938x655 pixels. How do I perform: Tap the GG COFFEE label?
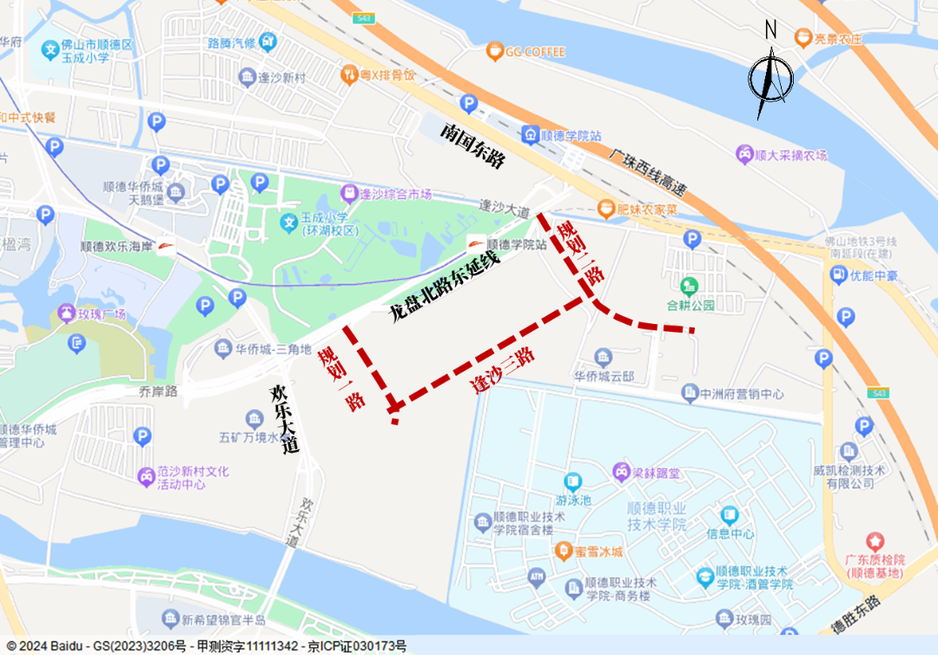tap(536, 51)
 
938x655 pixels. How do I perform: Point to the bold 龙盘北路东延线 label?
tap(444, 285)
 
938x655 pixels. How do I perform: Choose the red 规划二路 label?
tap(580, 252)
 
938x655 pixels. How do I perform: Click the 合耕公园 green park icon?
tap(690, 285)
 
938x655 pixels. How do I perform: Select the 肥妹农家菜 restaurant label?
tap(648, 209)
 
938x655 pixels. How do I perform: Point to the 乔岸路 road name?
tap(160, 392)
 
